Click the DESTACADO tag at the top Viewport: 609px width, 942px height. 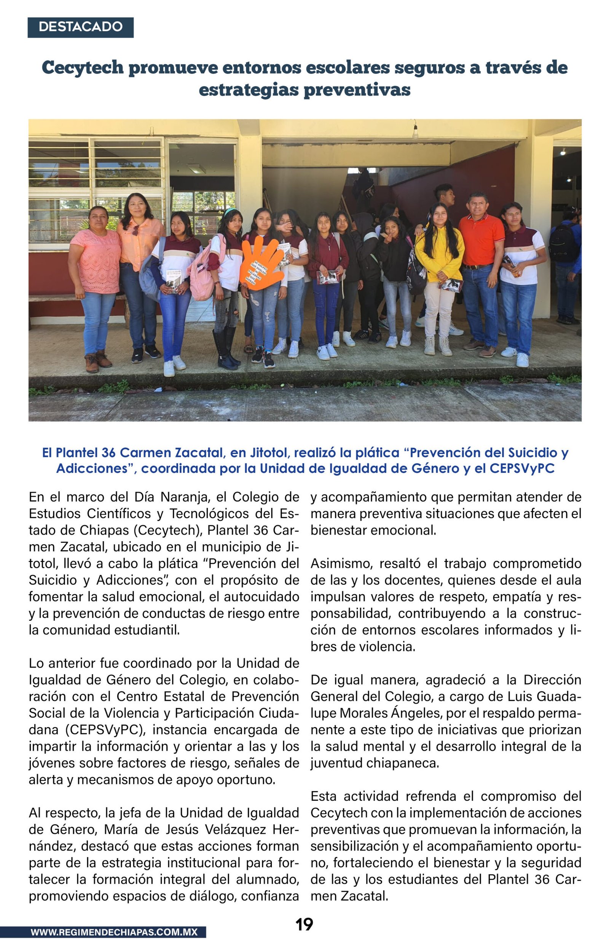pyautogui.click(x=80, y=27)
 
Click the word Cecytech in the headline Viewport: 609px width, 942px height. pyautogui.click(x=83, y=67)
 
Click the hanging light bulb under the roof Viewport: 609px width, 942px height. pyautogui.click(x=415, y=132)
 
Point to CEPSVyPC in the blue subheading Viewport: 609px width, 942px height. pyautogui.click(x=522, y=469)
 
